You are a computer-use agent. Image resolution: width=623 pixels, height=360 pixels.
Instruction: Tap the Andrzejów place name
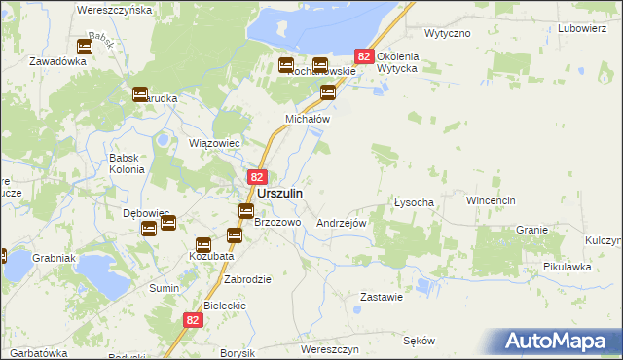coord(341,223)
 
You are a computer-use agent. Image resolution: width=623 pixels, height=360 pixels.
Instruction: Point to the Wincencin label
coord(490,200)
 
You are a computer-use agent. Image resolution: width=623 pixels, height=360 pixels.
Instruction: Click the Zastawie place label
coord(382,297)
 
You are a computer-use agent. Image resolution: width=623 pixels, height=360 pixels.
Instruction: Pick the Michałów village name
coord(308,119)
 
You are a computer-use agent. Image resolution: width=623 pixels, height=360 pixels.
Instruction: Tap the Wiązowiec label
coord(206,142)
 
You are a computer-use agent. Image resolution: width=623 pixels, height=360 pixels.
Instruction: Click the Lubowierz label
coord(583,29)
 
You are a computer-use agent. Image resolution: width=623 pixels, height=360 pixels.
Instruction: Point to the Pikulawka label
coord(568,266)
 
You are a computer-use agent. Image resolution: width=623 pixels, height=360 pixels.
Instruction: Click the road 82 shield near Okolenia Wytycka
coord(364,57)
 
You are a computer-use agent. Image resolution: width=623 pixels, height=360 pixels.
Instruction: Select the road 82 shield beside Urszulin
coord(256,177)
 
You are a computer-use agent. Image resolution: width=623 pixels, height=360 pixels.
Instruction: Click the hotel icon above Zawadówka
coord(84,46)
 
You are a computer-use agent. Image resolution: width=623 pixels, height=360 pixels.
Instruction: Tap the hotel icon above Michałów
coord(328,93)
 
